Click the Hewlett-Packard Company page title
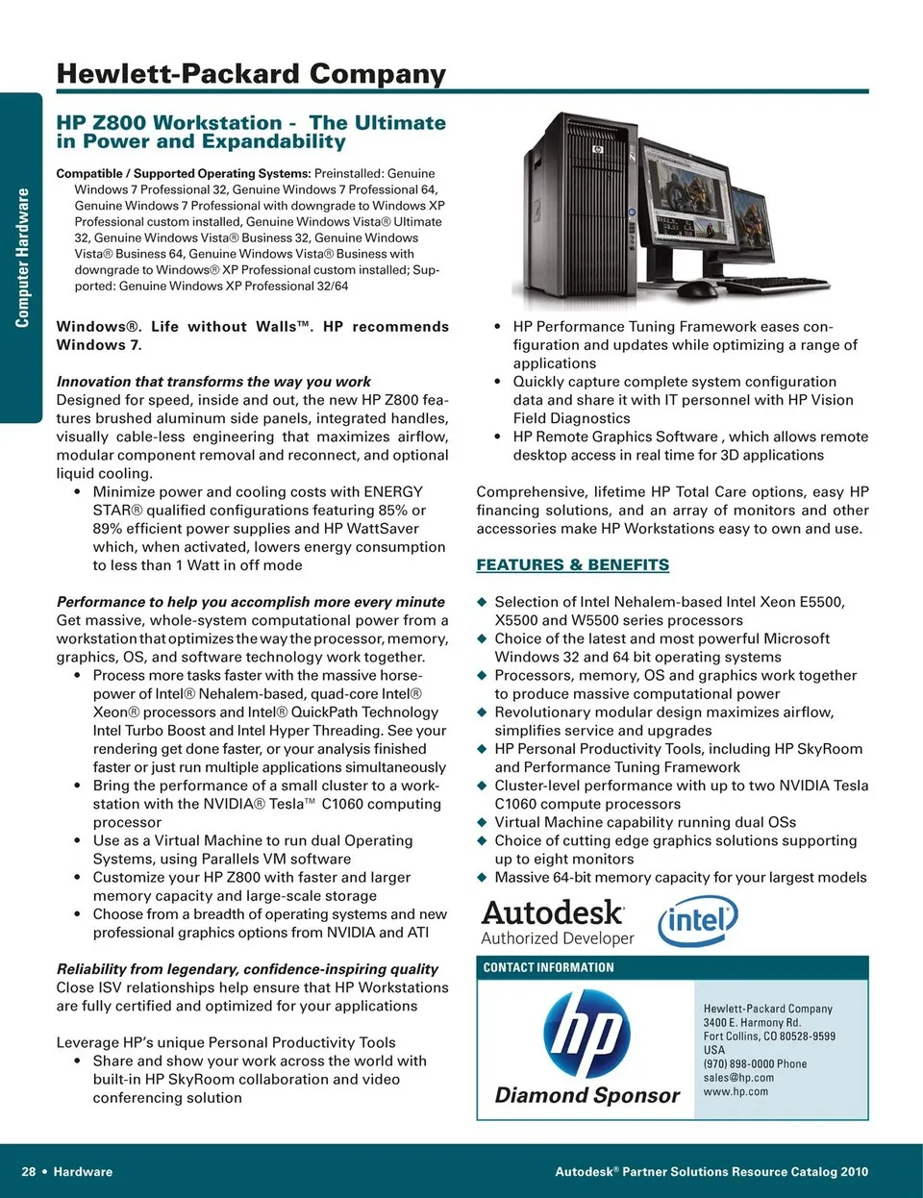pos(251,74)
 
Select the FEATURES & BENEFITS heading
pos(573,565)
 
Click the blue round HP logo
pos(586,1035)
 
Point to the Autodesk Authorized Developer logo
pos(557,923)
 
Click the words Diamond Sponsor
pos(586,1095)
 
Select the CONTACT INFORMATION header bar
pos(672,967)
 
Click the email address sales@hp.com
pos(738,1078)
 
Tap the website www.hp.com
pos(736,1091)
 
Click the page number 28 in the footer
pos(29,1172)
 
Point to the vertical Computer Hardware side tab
pos(22,258)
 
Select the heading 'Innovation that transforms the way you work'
pos(213,382)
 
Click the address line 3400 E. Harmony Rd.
pos(752,1023)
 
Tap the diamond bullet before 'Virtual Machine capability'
pos(483,822)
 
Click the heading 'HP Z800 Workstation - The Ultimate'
pos(251,123)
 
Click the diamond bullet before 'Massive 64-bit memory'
pos(483,877)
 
